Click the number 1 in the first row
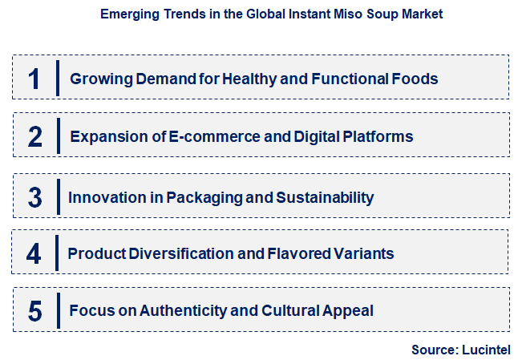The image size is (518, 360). click(x=34, y=78)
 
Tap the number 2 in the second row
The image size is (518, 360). click(x=34, y=136)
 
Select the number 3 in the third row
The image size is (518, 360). click(x=34, y=196)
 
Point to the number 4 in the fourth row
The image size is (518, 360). click(x=34, y=253)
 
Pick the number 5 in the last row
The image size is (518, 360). click(x=34, y=309)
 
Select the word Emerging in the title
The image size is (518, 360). click(x=127, y=14)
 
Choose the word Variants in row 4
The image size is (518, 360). click(x=365, y=253)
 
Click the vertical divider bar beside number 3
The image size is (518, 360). click(x=58, y=196)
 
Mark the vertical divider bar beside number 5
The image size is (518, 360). click(x=58, y=309)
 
